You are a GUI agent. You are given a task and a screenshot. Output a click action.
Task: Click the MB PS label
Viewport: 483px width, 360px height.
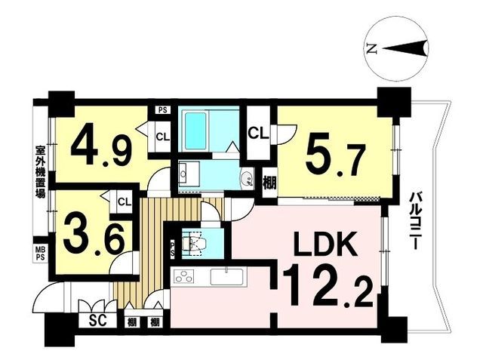(39, 252)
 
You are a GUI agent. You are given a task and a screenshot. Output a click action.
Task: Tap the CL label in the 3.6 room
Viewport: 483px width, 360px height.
(125, 202)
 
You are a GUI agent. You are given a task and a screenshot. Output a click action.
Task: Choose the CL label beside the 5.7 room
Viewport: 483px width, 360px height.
(257, 134)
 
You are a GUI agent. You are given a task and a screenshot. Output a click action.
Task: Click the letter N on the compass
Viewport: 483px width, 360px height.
(371, 49)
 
